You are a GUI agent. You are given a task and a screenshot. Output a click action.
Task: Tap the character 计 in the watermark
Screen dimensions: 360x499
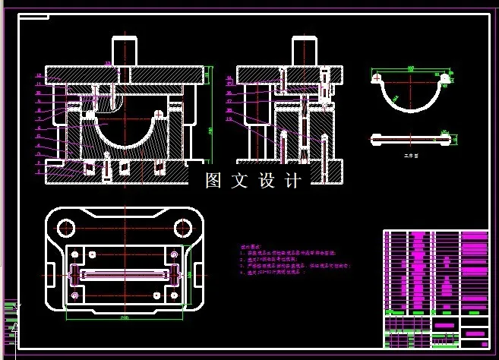293,181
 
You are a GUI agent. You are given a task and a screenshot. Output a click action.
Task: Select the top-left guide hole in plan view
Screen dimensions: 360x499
65,227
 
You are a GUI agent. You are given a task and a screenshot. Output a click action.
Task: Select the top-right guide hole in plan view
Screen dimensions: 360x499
182,227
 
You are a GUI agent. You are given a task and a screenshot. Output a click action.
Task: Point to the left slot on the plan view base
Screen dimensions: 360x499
51,272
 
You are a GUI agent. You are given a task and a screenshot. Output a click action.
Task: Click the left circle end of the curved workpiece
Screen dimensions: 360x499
376,77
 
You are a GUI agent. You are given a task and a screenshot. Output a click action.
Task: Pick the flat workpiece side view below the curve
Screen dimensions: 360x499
410,138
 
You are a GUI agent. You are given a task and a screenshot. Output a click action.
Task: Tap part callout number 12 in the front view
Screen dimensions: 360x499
37,75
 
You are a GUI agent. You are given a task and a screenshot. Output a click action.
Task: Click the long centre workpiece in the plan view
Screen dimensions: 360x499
124,271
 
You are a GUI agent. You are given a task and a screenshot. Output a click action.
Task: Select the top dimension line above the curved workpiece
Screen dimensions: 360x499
410,68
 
